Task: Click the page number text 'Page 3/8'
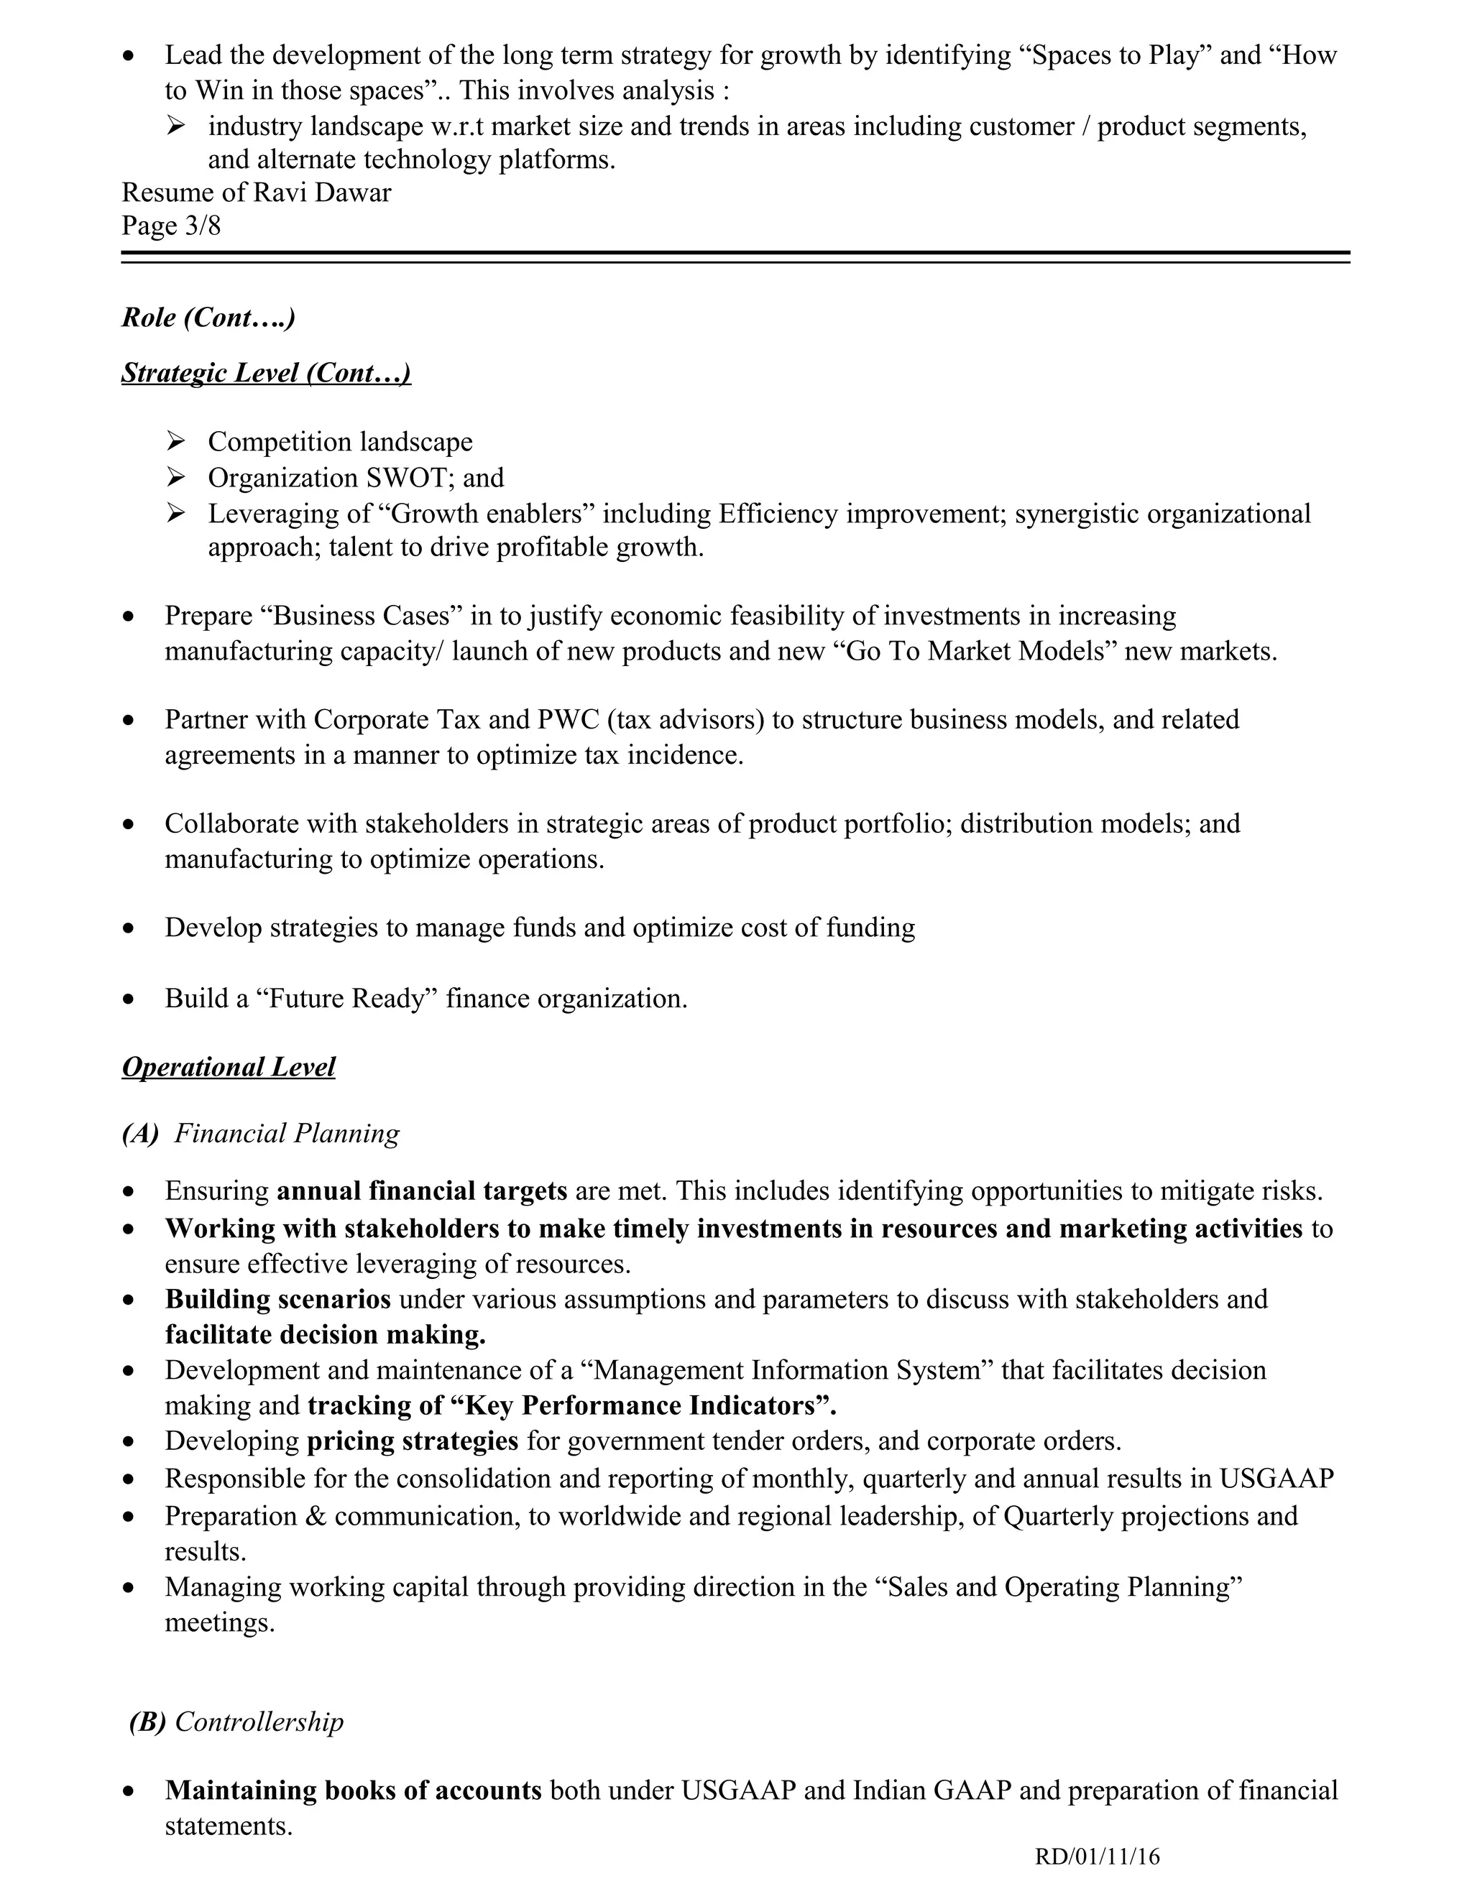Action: [x=171, y=226]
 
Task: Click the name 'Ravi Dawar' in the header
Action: [x=322, y=192]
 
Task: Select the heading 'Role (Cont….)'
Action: [x=208, y=318]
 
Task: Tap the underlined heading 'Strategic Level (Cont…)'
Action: [x=266, y=372]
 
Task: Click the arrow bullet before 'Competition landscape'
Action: [x=176, y=442]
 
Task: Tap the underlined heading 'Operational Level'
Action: [x=229, y=1067]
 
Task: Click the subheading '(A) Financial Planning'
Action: [x=261, y=1133]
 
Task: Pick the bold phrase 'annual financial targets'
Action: [x=422, y=1191]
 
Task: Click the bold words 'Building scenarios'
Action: [x=277, y=1299]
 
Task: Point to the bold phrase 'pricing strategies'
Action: [x=413, y=1440]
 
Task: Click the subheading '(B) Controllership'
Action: [x=236, y=1722]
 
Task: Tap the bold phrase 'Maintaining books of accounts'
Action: [x=353, y=1790]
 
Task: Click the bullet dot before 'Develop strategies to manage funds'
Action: [x=129, y=929]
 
